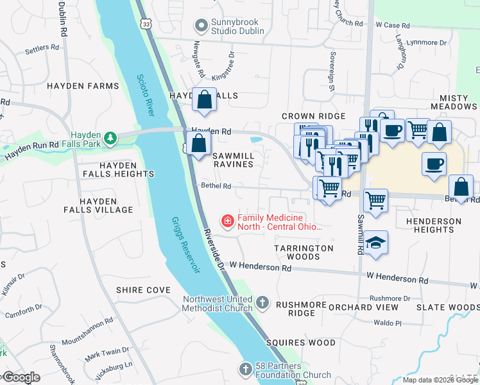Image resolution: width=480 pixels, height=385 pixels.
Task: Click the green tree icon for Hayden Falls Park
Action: click(110, 138)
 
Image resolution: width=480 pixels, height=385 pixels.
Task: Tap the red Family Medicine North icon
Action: click(227, 222)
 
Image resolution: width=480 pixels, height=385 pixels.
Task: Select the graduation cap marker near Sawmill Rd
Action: click(375, 243)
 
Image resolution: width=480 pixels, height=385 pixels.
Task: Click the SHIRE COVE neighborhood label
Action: click(143, 290)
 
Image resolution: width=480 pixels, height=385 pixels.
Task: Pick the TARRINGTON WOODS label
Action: click(304, 252)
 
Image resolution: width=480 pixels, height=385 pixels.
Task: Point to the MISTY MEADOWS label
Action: click(454, 101)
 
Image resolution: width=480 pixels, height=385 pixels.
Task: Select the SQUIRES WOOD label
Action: click(301, 343)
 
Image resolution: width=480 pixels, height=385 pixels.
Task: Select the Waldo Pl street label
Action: click(388, 324)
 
